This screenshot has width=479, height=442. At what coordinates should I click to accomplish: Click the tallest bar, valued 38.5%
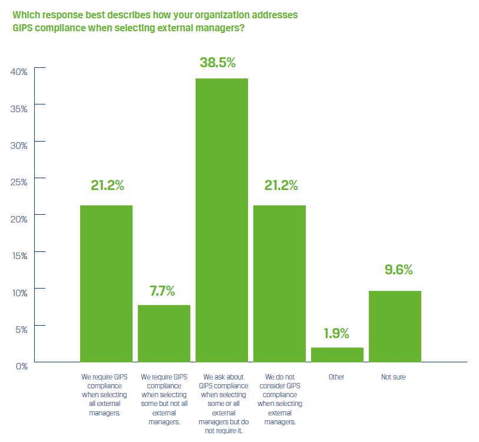(222, 220)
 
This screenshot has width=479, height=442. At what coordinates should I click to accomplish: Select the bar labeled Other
(337, 355)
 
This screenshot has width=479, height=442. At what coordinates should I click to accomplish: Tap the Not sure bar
(395, 326)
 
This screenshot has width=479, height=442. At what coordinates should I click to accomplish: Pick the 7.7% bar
(164, 333)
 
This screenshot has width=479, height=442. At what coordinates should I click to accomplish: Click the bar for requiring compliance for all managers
(106, 283)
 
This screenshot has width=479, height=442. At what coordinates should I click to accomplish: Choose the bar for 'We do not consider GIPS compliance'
(279, 283)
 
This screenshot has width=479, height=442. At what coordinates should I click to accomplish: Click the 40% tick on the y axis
(19, 72)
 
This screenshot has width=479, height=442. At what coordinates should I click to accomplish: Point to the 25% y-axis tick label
(19, 182)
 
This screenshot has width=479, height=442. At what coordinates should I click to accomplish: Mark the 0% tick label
(21, 366)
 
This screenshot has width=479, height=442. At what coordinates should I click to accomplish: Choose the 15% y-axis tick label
(19, 256)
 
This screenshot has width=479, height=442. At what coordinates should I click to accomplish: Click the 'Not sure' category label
(394, 376)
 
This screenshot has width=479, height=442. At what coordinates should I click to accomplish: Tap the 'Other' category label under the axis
(336, 376)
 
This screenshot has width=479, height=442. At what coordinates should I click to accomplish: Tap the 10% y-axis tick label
(19, 293)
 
